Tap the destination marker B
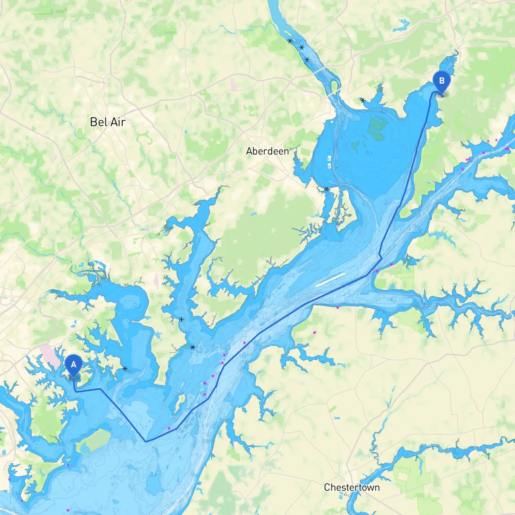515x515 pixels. [441, 81]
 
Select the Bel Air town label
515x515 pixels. [108, 122]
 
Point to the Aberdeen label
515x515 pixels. [267, 151]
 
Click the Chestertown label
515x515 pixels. [352, 487]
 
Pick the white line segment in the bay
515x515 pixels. [330, 280]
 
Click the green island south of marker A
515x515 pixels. [93, 441]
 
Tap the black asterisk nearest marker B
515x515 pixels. [363, 100]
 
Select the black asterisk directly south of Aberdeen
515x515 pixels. [327, 189]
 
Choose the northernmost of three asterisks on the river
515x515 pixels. [290, 41]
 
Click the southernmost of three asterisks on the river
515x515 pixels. [307, 60]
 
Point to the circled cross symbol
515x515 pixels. [181, 319]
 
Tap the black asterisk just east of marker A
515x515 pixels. [125, 369]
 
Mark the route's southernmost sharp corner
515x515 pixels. [146, 441]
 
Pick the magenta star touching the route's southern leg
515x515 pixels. [169, 428]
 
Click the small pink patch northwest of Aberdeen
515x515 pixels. [233, 83]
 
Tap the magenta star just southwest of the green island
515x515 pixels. [68, 465]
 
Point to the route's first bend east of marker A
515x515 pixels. [101, 389]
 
